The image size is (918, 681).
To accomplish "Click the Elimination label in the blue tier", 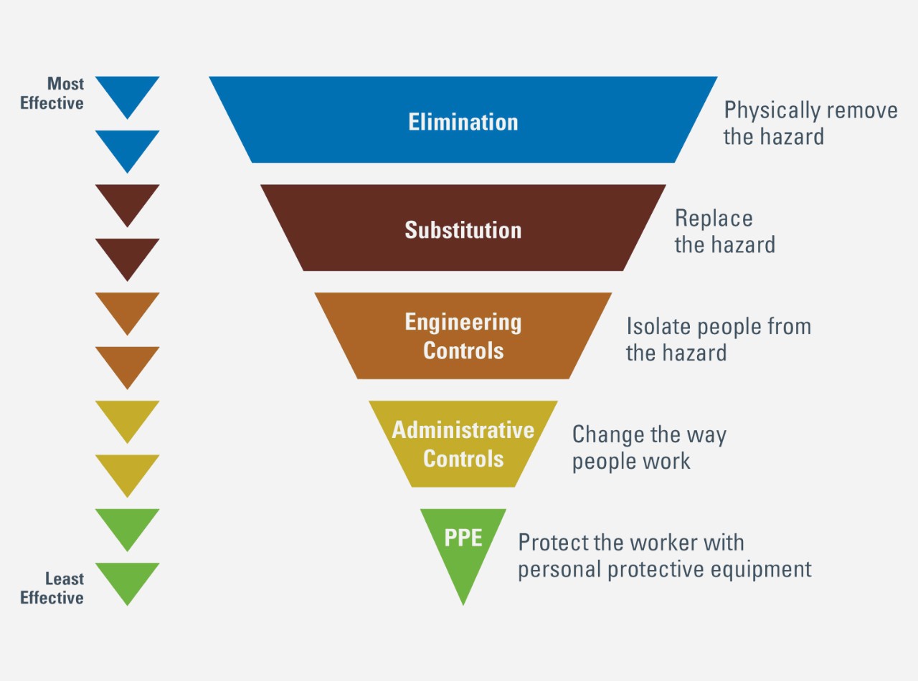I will pos(463,121).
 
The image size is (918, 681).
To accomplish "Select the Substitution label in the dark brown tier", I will pos(463,229).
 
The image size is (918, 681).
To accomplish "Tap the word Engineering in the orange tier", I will pos(463,322).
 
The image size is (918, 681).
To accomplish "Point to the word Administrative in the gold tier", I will pos(463,429).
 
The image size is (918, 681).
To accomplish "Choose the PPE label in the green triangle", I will pos(463,538).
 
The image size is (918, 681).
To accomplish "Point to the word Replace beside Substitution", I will pos(714,218).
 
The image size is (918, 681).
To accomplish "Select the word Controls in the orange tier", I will pos(463,351).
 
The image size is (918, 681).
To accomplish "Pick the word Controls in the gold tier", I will pos(463,458).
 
